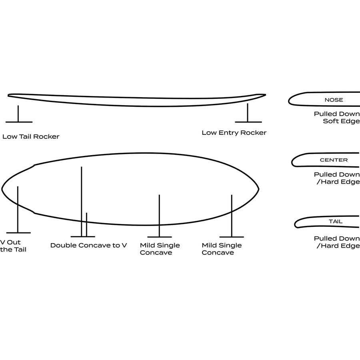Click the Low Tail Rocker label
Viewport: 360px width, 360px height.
31,137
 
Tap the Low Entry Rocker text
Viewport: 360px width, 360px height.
234,133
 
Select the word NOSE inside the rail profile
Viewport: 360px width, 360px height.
334,100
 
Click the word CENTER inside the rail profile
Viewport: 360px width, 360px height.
334,160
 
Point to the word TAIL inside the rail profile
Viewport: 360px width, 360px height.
336,222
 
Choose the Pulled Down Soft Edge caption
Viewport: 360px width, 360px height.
337,118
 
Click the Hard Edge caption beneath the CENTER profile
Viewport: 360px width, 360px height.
338,182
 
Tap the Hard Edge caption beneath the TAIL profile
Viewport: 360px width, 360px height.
338,246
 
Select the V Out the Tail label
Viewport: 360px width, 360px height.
13,246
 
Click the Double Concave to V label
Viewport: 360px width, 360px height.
88,246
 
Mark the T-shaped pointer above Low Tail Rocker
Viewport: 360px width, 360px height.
18,114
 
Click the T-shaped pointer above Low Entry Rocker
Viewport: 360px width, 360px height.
248,113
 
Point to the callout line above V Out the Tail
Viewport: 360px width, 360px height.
18,210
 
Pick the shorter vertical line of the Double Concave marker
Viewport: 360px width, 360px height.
86,224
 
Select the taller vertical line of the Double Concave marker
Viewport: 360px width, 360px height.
82,202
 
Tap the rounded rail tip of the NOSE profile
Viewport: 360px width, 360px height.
289,100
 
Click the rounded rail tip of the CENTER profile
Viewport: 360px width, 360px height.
292,162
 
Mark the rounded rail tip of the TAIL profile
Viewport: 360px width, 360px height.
295,224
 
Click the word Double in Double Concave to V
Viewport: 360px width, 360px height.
63,246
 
